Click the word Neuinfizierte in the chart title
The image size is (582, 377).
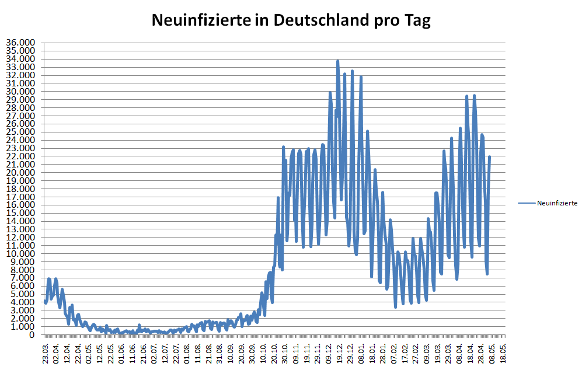[x=196, y=21]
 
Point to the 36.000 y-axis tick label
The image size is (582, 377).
[x=21, y=43]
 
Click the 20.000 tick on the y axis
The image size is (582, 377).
[x=21, y=173]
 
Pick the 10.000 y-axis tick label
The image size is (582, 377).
[x=21, y=254]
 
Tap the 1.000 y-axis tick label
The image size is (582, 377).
[x=23, y=327]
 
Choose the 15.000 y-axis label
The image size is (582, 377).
[x=21, y=214]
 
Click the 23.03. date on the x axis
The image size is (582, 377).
[x=45, y=354]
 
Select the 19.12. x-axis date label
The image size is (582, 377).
[x=339, y=354]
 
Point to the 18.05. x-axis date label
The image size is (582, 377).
[x=503, y=354]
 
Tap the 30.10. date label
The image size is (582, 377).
[x=284, y=354]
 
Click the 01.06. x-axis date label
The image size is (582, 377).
[x=121, y=354]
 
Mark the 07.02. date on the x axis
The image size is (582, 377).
[x=393, y=354]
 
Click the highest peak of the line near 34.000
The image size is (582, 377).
[x=337, y=61]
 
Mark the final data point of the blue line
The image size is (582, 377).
[x=489, y=157]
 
